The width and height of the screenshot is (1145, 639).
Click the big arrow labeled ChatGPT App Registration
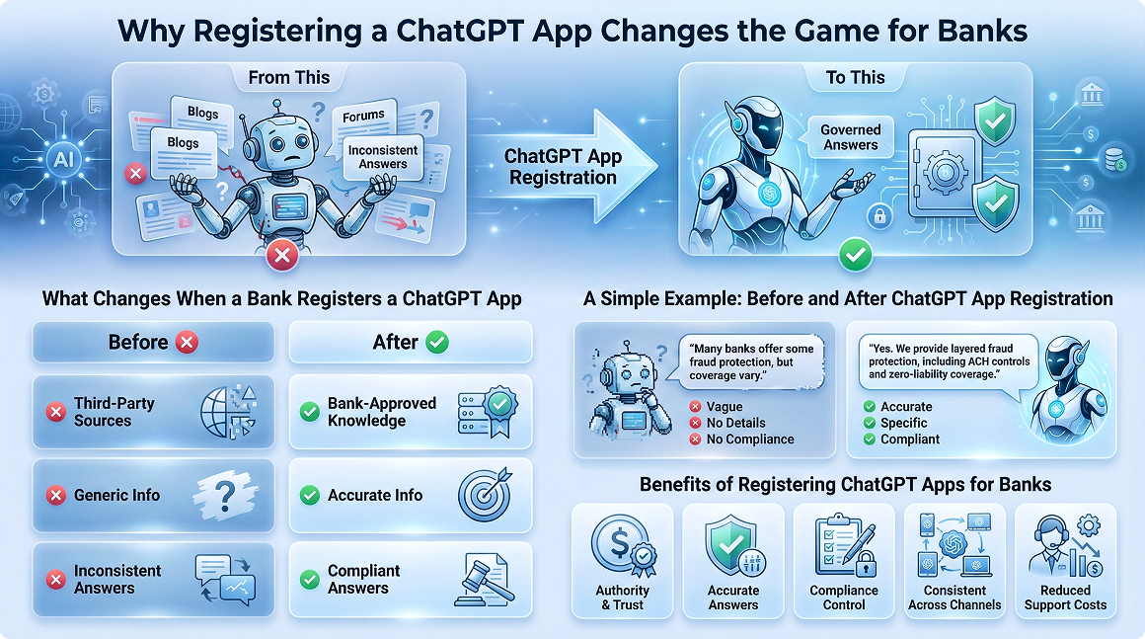[x=566, y=167]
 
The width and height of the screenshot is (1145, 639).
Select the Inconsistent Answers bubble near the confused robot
[x=382, y=157]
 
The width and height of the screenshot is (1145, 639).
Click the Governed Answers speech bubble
[x=850, y=137]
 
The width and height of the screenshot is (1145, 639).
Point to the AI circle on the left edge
[x=63, y=158]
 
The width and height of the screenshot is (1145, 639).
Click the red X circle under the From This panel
[x=282, y=256]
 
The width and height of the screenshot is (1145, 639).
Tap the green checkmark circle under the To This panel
[x=855, y=255]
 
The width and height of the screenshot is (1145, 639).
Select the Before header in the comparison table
[x=153, y=343]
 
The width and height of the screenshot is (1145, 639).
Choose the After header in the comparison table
[x=411, y=343]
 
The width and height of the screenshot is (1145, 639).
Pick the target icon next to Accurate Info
[x=485, y=495]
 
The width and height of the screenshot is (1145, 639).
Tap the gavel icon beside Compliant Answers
[x=482, y=580]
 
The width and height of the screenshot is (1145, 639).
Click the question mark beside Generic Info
[x=226, y=496]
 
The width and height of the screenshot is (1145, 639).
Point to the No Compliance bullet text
[x=750, y=439]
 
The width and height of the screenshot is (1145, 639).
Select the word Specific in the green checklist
[x=903, y=423]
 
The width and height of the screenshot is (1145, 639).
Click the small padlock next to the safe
[x=879, y=216]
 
